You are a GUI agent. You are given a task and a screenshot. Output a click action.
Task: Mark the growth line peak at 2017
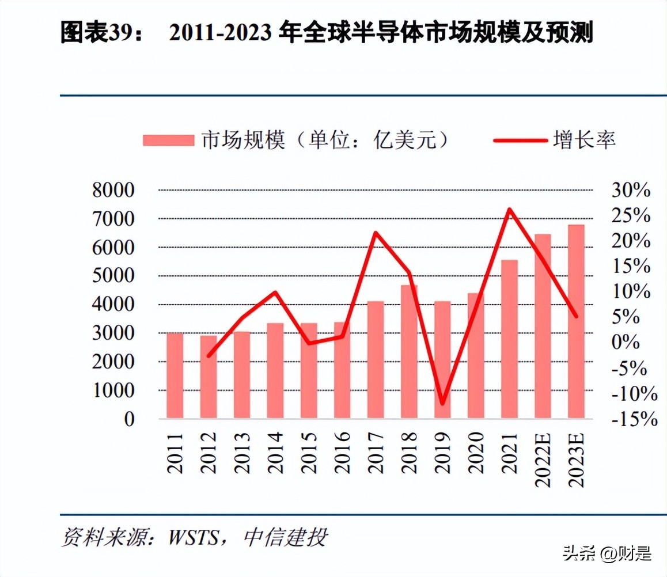pos(376,233)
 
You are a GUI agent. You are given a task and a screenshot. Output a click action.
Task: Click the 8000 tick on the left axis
pos(113,191)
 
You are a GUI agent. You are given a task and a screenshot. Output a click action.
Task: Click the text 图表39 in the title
pos(92,34)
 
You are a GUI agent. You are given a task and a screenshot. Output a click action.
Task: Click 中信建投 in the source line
pos(286,537)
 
